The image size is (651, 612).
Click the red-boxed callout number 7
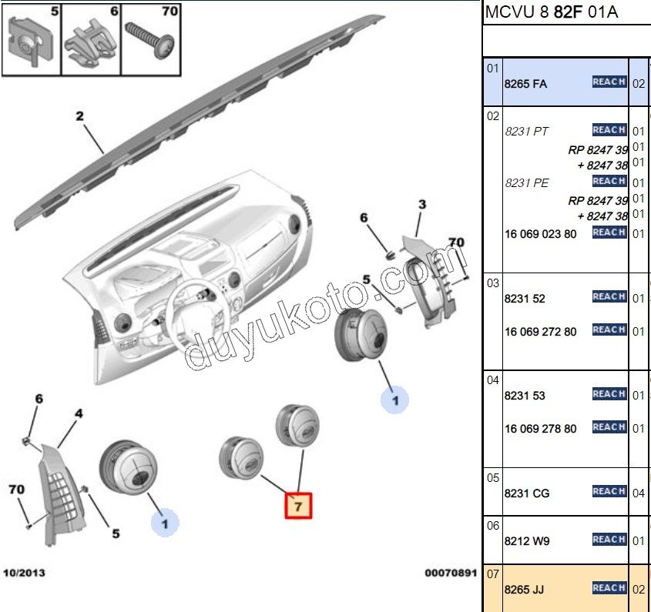point(299,506)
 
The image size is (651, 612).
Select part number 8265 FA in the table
point(525,84)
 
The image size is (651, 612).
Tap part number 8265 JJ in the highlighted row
point(524,590)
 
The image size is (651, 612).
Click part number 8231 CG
point(527,493)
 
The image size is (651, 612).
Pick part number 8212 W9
point(527,541)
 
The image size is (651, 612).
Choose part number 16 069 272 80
point(541,332)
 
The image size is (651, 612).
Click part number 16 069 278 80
point(541,429)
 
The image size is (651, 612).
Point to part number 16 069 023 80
point(541,234)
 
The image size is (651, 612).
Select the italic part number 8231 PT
point(527,132)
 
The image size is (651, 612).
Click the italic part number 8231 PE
point(527,183)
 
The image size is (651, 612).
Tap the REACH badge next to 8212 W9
point(609,540)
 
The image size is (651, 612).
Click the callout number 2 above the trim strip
point(79,117)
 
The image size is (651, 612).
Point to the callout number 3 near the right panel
point(421,205)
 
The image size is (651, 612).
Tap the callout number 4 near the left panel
point(78,414)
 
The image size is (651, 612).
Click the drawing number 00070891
point(451,574)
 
